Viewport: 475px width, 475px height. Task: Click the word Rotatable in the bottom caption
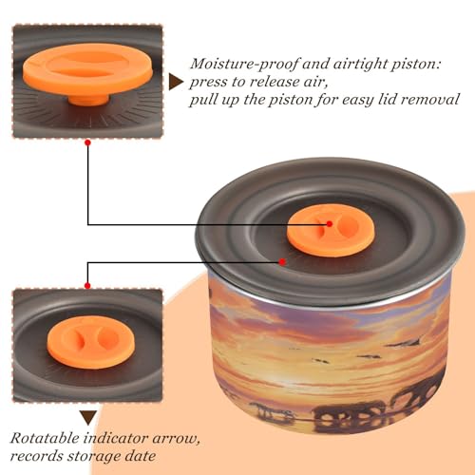(45, 439)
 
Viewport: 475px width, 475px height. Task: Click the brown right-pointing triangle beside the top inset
(176, 83)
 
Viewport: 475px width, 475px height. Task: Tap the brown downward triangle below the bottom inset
(88, 418)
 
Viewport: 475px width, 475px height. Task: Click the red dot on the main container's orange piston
(330, 224)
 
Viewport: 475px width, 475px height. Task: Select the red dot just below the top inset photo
(88, 142)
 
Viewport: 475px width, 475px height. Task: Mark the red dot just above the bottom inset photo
(87, 286)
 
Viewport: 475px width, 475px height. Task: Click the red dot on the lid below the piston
(282, 262)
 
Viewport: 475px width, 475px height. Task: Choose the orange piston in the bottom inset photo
(91, 342)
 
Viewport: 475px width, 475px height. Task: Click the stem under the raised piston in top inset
(88, 100)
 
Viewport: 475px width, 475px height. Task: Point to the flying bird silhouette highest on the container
(406, 342)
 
